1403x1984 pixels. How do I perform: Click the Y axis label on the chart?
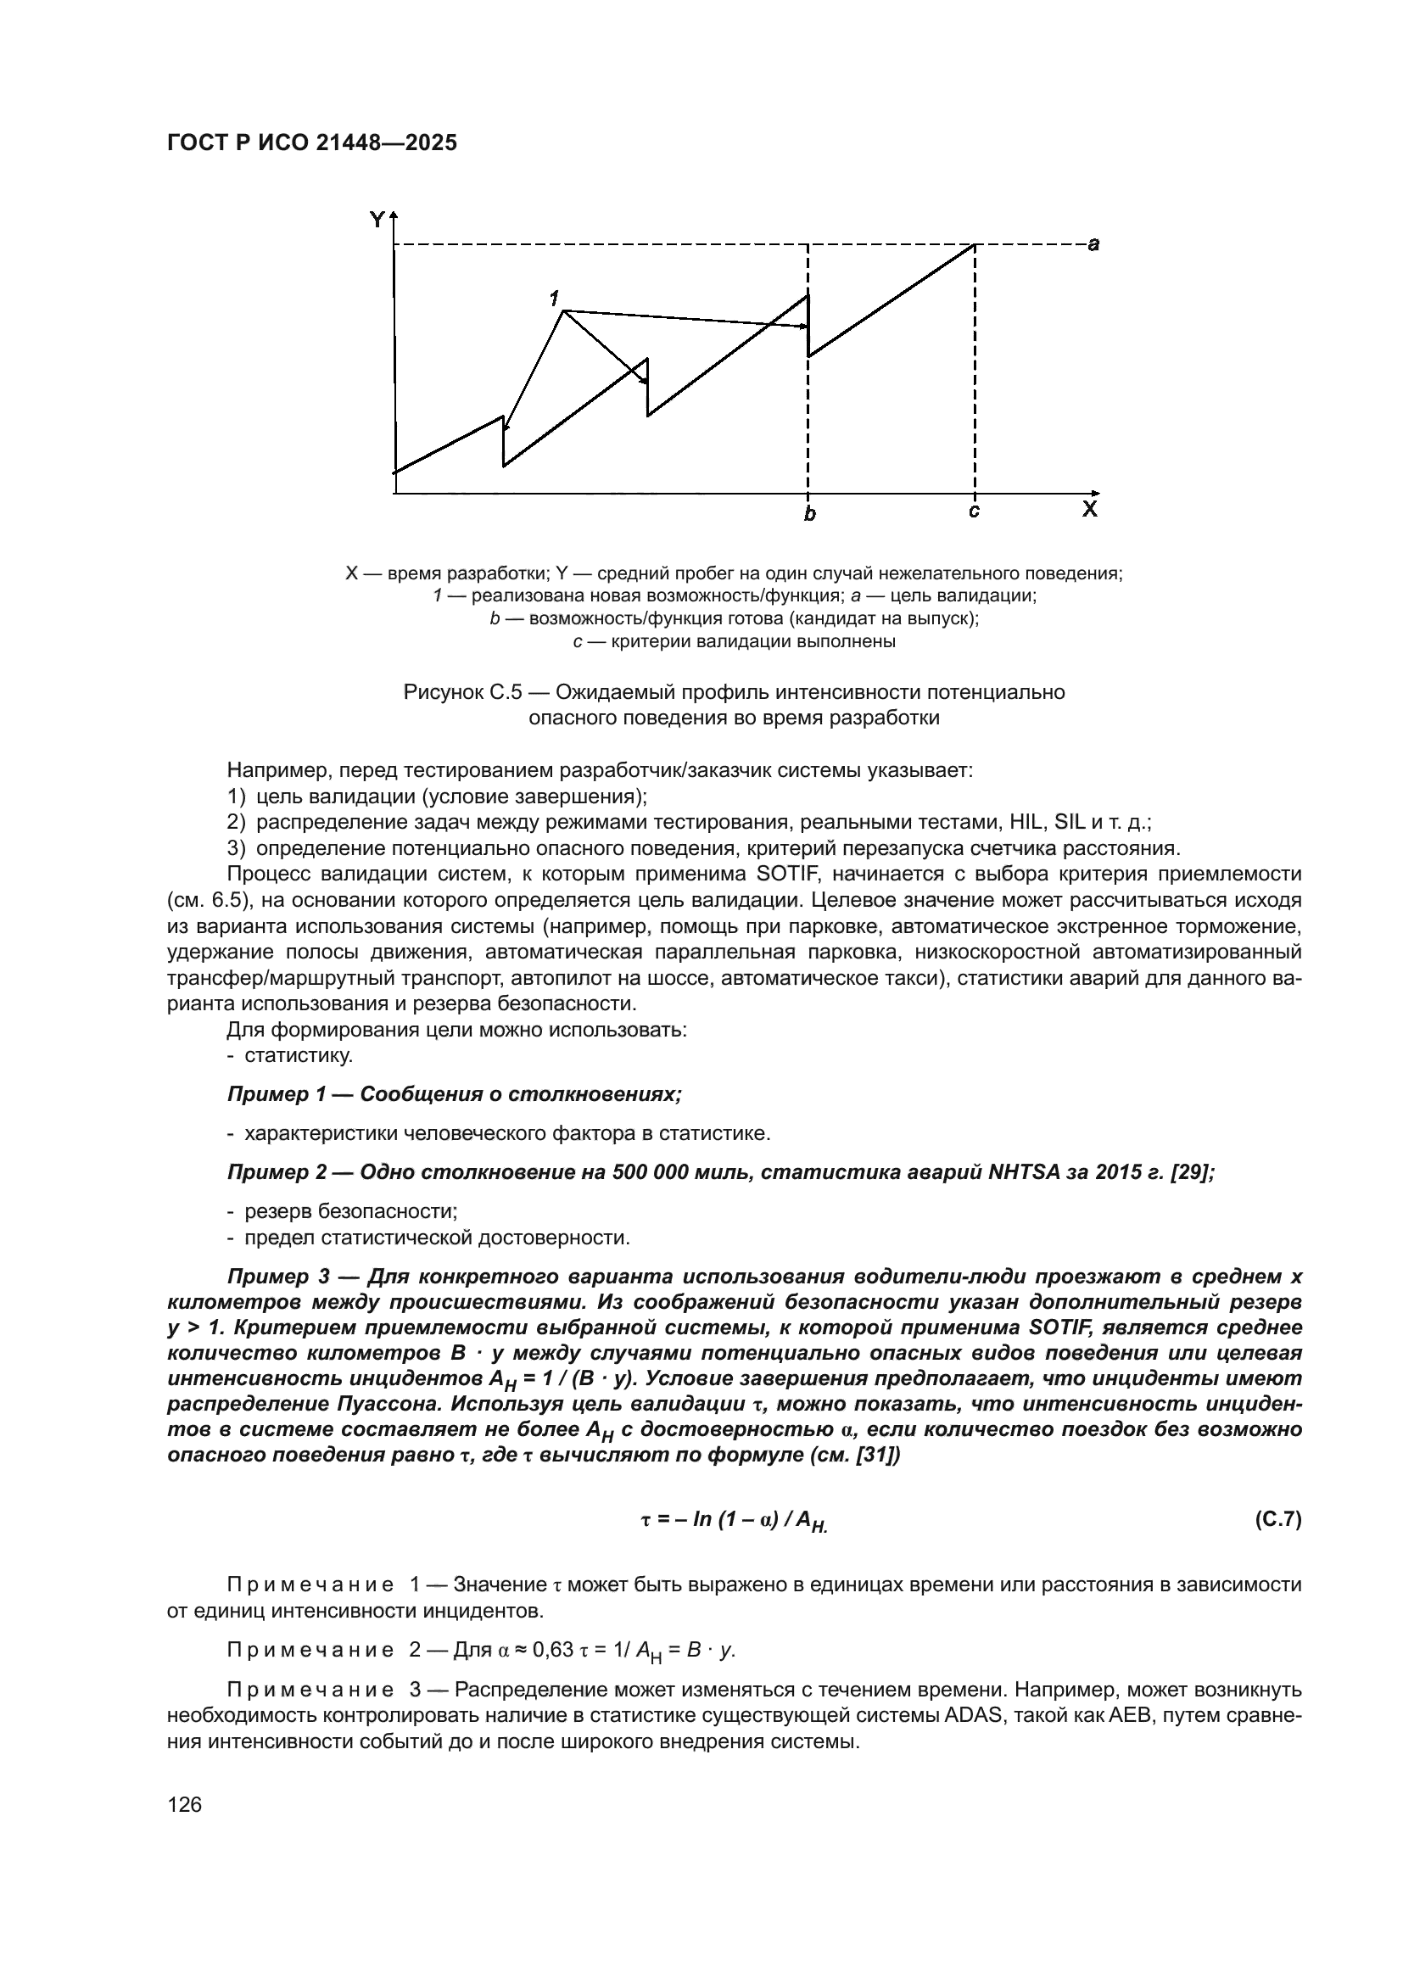(377, 221)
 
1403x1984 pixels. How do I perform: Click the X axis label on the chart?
(1090, 509)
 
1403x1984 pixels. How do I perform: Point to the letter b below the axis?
(809, 515)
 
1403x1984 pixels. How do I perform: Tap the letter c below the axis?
(974, 511)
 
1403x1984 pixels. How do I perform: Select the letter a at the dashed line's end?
(1093, 244)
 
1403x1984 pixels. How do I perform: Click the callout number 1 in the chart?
(554, 297)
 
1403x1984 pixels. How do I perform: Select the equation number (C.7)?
(1277, 1519)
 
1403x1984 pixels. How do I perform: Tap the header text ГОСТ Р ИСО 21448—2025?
(312, 143)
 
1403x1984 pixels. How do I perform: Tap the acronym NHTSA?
(1025, 1171)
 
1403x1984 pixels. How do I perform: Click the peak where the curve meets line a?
(975, 245)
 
